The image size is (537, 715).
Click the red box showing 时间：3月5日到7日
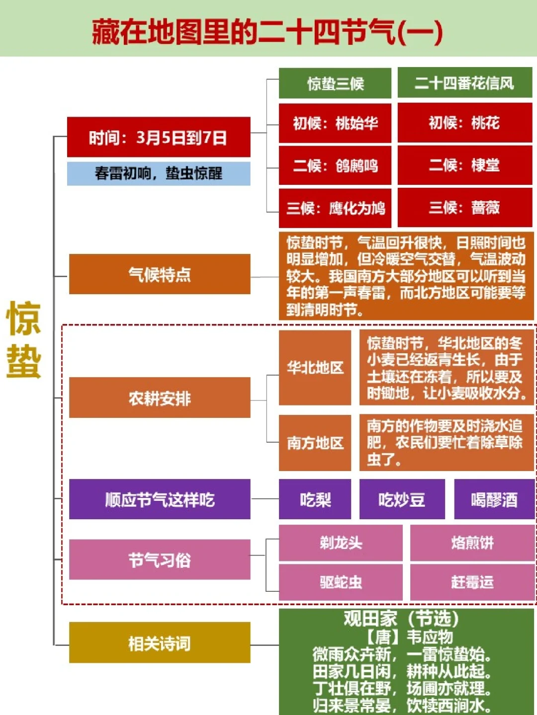pyautogui.click(x=158, y=137)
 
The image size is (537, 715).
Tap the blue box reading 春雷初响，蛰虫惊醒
pyautogui.click(x=158, y=173)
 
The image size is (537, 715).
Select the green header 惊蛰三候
pyautogui.click(x=335, y=83)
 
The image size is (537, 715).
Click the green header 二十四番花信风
pyautogui.click(x=464, y=83)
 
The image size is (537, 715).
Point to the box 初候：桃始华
pyautogui.click(x=335, y=123)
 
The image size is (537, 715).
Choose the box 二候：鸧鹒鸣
pyautogui.click(x=335, y=165)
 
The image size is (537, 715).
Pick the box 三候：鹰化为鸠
pyautogui.click(x=335, y=208)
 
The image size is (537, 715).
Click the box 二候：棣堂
pyautogui.click(x=464, y=165)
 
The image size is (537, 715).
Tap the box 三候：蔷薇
pyautogui.click(x=464, y=208)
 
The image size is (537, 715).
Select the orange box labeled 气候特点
pyautogui.click(x=159, y=274)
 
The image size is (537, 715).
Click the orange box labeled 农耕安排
pyautogui.click(x=159, y=398)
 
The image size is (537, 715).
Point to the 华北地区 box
pyautogui.click(x=315, y=368)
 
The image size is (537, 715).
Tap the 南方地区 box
pyautogui.click(x=315, y=443)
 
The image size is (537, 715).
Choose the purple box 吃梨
pyautogui.click(x=315, y=499)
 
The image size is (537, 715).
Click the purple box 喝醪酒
pyautogui.click(x=494, y=499)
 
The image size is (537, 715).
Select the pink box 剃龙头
pyautogui.click(x=341, y=543)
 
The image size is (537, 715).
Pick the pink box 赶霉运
pyautogui.click(x=472, y=582)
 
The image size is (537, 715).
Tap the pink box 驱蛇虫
pyautogui.click(x=341, y=582)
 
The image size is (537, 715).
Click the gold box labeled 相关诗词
pyautogui.click(x=159, y=643)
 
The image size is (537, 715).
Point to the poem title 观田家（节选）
pyautogui.click(x=401, y=619)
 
